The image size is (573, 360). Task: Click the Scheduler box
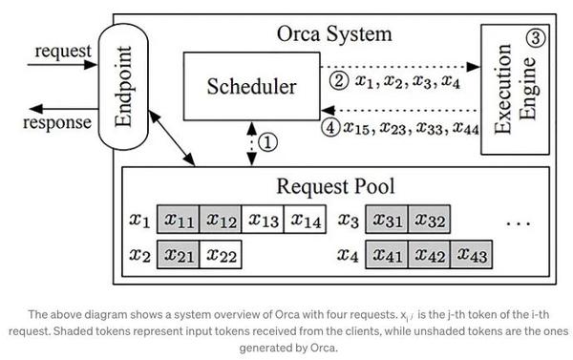[251, 86]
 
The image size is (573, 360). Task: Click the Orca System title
[336, 34]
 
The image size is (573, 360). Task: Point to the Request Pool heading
[335, 185]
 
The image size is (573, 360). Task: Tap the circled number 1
[268, 141]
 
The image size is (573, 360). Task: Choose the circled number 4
[330, 127]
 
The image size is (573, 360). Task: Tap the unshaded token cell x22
[221, 255]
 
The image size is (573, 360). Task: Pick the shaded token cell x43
[473, 255]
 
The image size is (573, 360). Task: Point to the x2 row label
[139, 256]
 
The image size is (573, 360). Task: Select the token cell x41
[389, 255]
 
